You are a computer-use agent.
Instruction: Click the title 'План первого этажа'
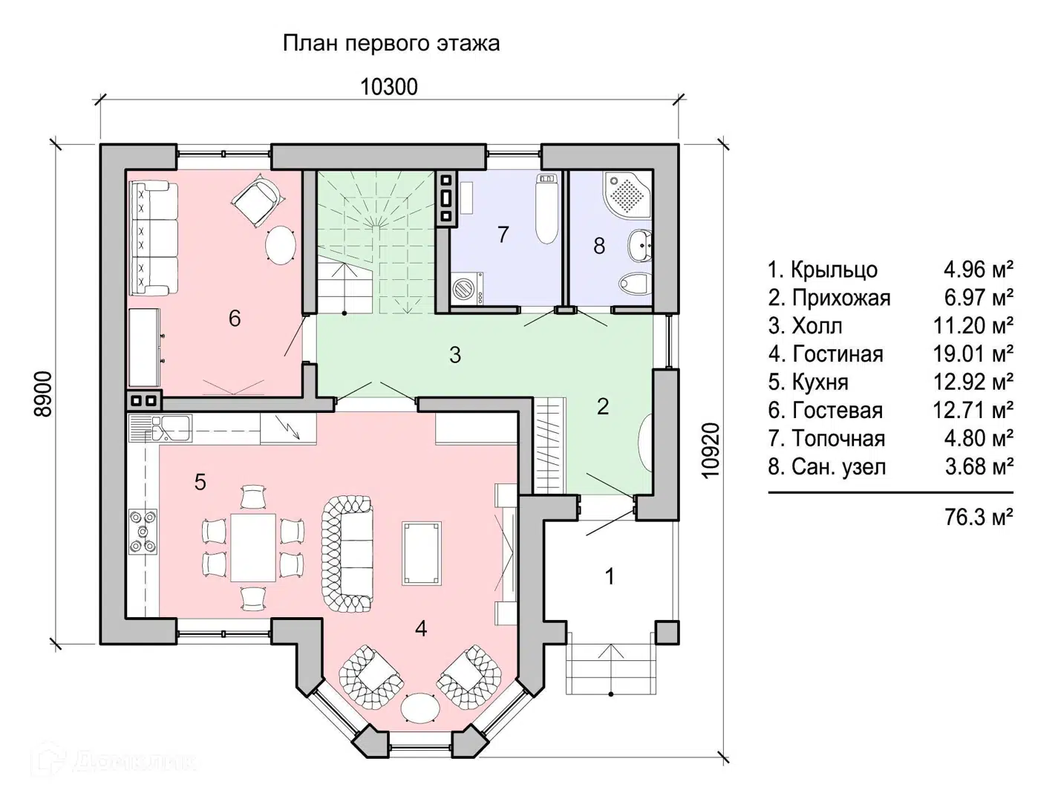click(391, 43)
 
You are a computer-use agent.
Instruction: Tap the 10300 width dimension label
click(389, 87)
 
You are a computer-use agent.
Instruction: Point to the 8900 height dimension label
click(44, 394)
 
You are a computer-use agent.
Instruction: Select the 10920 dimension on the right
click(711, 450)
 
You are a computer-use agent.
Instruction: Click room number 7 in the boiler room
click(503, 235)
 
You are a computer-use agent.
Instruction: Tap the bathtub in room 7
click(547, 209)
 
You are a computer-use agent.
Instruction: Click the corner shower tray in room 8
click(627, 194)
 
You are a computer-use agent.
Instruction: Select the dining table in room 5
click(253, 547)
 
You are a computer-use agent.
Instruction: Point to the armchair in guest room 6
click(257, 200)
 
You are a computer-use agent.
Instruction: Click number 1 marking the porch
click(610, 576)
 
